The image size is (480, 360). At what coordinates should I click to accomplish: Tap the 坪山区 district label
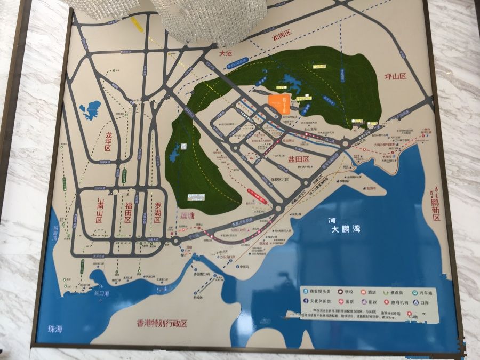(395, 76)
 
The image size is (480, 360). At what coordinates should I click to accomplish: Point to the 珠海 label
(54, 329)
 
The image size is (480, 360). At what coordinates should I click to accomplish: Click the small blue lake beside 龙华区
(91, 110)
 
